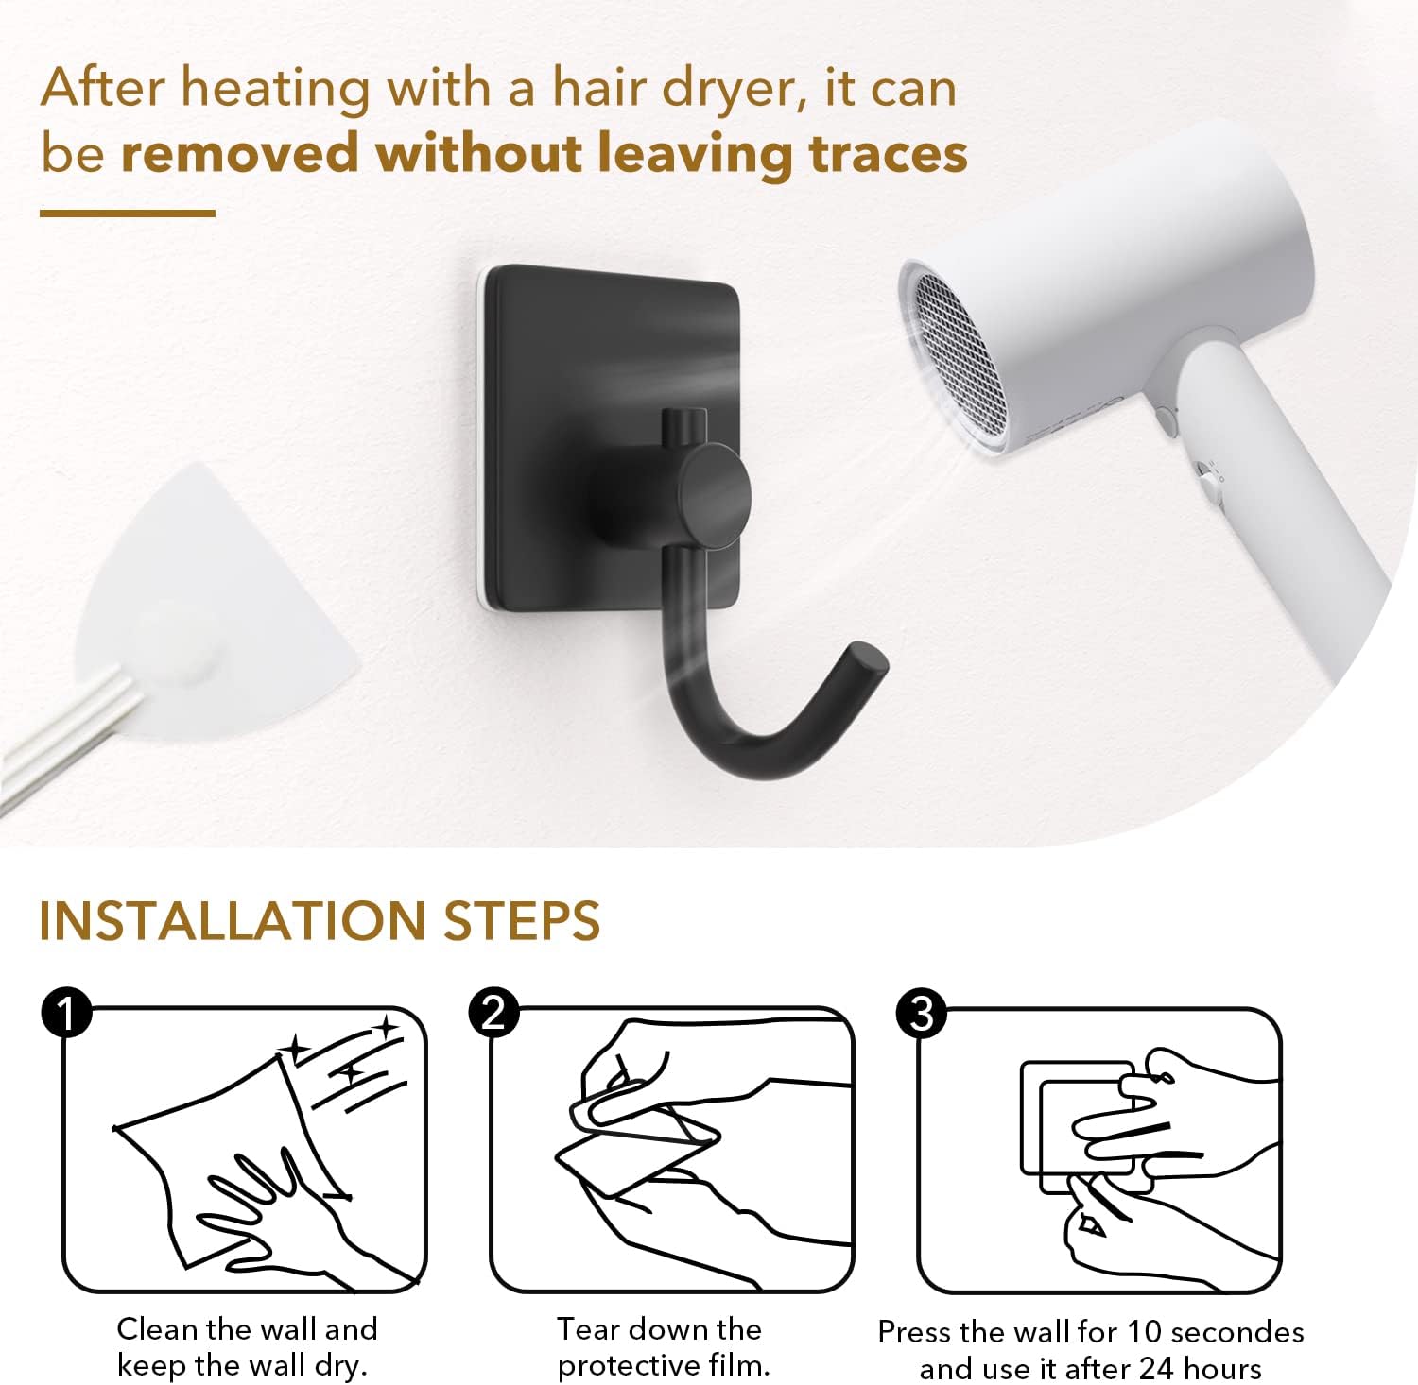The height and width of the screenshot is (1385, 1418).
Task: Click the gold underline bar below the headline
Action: (x=128, y=214)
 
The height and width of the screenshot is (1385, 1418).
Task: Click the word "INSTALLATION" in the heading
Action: (x=233, y=921)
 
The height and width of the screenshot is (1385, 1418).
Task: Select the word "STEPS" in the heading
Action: (x=522, y=921)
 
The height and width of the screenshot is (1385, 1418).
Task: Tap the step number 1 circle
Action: (x=66, y=1013)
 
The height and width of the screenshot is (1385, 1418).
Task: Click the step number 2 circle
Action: (x=493, y=1013)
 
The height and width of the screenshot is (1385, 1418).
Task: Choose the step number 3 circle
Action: (x=921, y=1013)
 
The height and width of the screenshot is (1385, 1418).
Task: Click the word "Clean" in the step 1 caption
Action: (x=159, y=1329)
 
